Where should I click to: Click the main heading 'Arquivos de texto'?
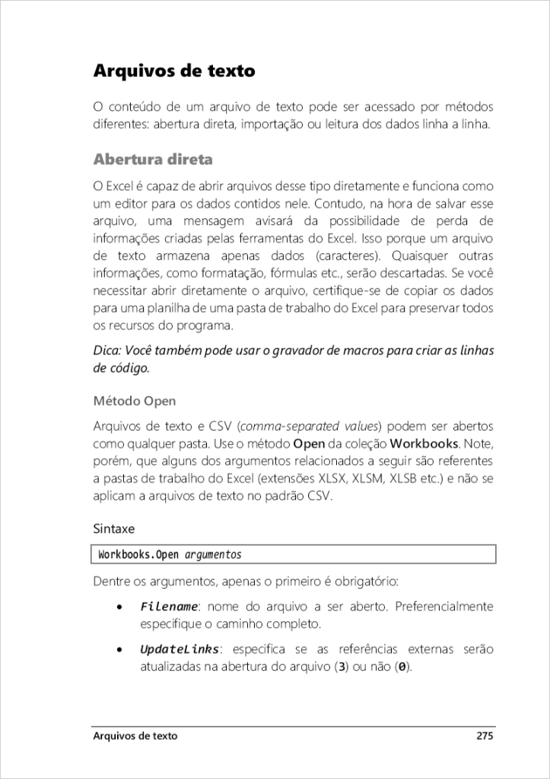(x=173, y=72)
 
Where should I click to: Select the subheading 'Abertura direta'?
(x=152, y=160)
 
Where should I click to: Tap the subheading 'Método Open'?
(x=134, y=400)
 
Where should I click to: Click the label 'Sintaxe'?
(x=114, y=526)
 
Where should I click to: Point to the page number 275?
(x=485, y=736)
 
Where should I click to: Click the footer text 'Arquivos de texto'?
(x=135, y=736)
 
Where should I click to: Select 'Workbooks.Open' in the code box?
(x=138, y=555)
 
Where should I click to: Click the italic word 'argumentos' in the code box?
(x=213, y=555)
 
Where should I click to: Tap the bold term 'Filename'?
(x=169, y=607)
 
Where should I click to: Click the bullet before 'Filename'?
(x=119, y=608)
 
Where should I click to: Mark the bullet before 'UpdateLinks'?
(x=119, y=650)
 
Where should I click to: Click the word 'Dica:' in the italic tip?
(x=108, y=351)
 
